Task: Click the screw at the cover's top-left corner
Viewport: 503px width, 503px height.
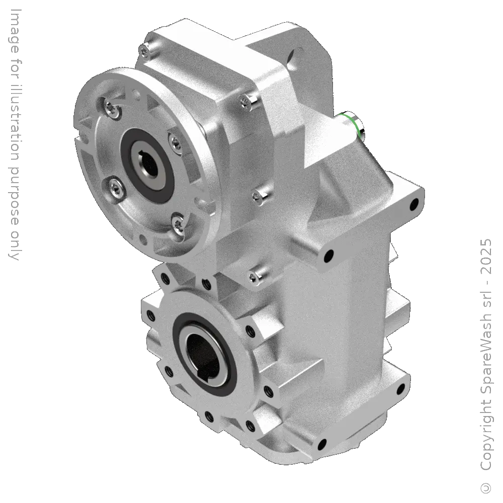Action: (145, 49)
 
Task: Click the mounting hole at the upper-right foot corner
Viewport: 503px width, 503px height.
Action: (414, 204)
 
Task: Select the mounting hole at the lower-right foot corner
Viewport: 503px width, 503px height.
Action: (401, 389)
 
